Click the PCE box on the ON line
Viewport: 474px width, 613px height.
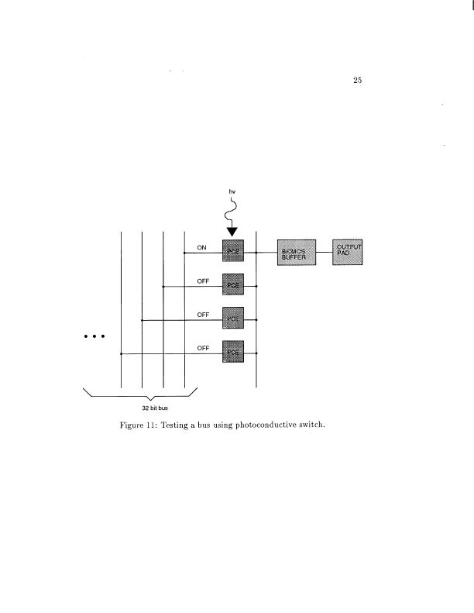[x=233, y=252]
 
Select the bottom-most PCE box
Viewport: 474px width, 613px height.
[x=233, y=353]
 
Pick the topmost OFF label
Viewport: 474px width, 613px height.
[x=204, y=281]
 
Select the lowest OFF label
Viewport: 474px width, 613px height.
[x=204, y=348]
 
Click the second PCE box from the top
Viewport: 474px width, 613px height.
[x=233, y=285]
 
